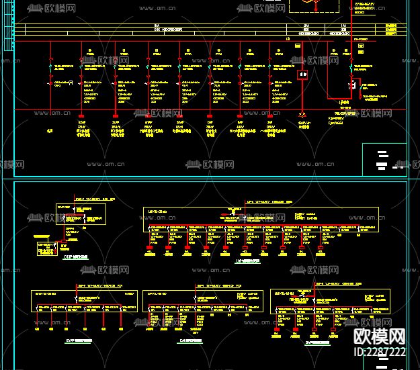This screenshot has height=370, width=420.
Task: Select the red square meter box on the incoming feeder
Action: coord(303,74)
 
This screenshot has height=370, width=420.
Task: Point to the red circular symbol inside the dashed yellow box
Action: coord(310,3)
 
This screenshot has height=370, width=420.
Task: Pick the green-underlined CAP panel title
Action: coord(192,340)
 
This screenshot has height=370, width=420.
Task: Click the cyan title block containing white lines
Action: coord(384,159)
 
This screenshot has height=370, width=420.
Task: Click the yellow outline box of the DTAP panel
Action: coord(81,214)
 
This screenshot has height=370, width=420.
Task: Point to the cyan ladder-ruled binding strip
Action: coord(7,27)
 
